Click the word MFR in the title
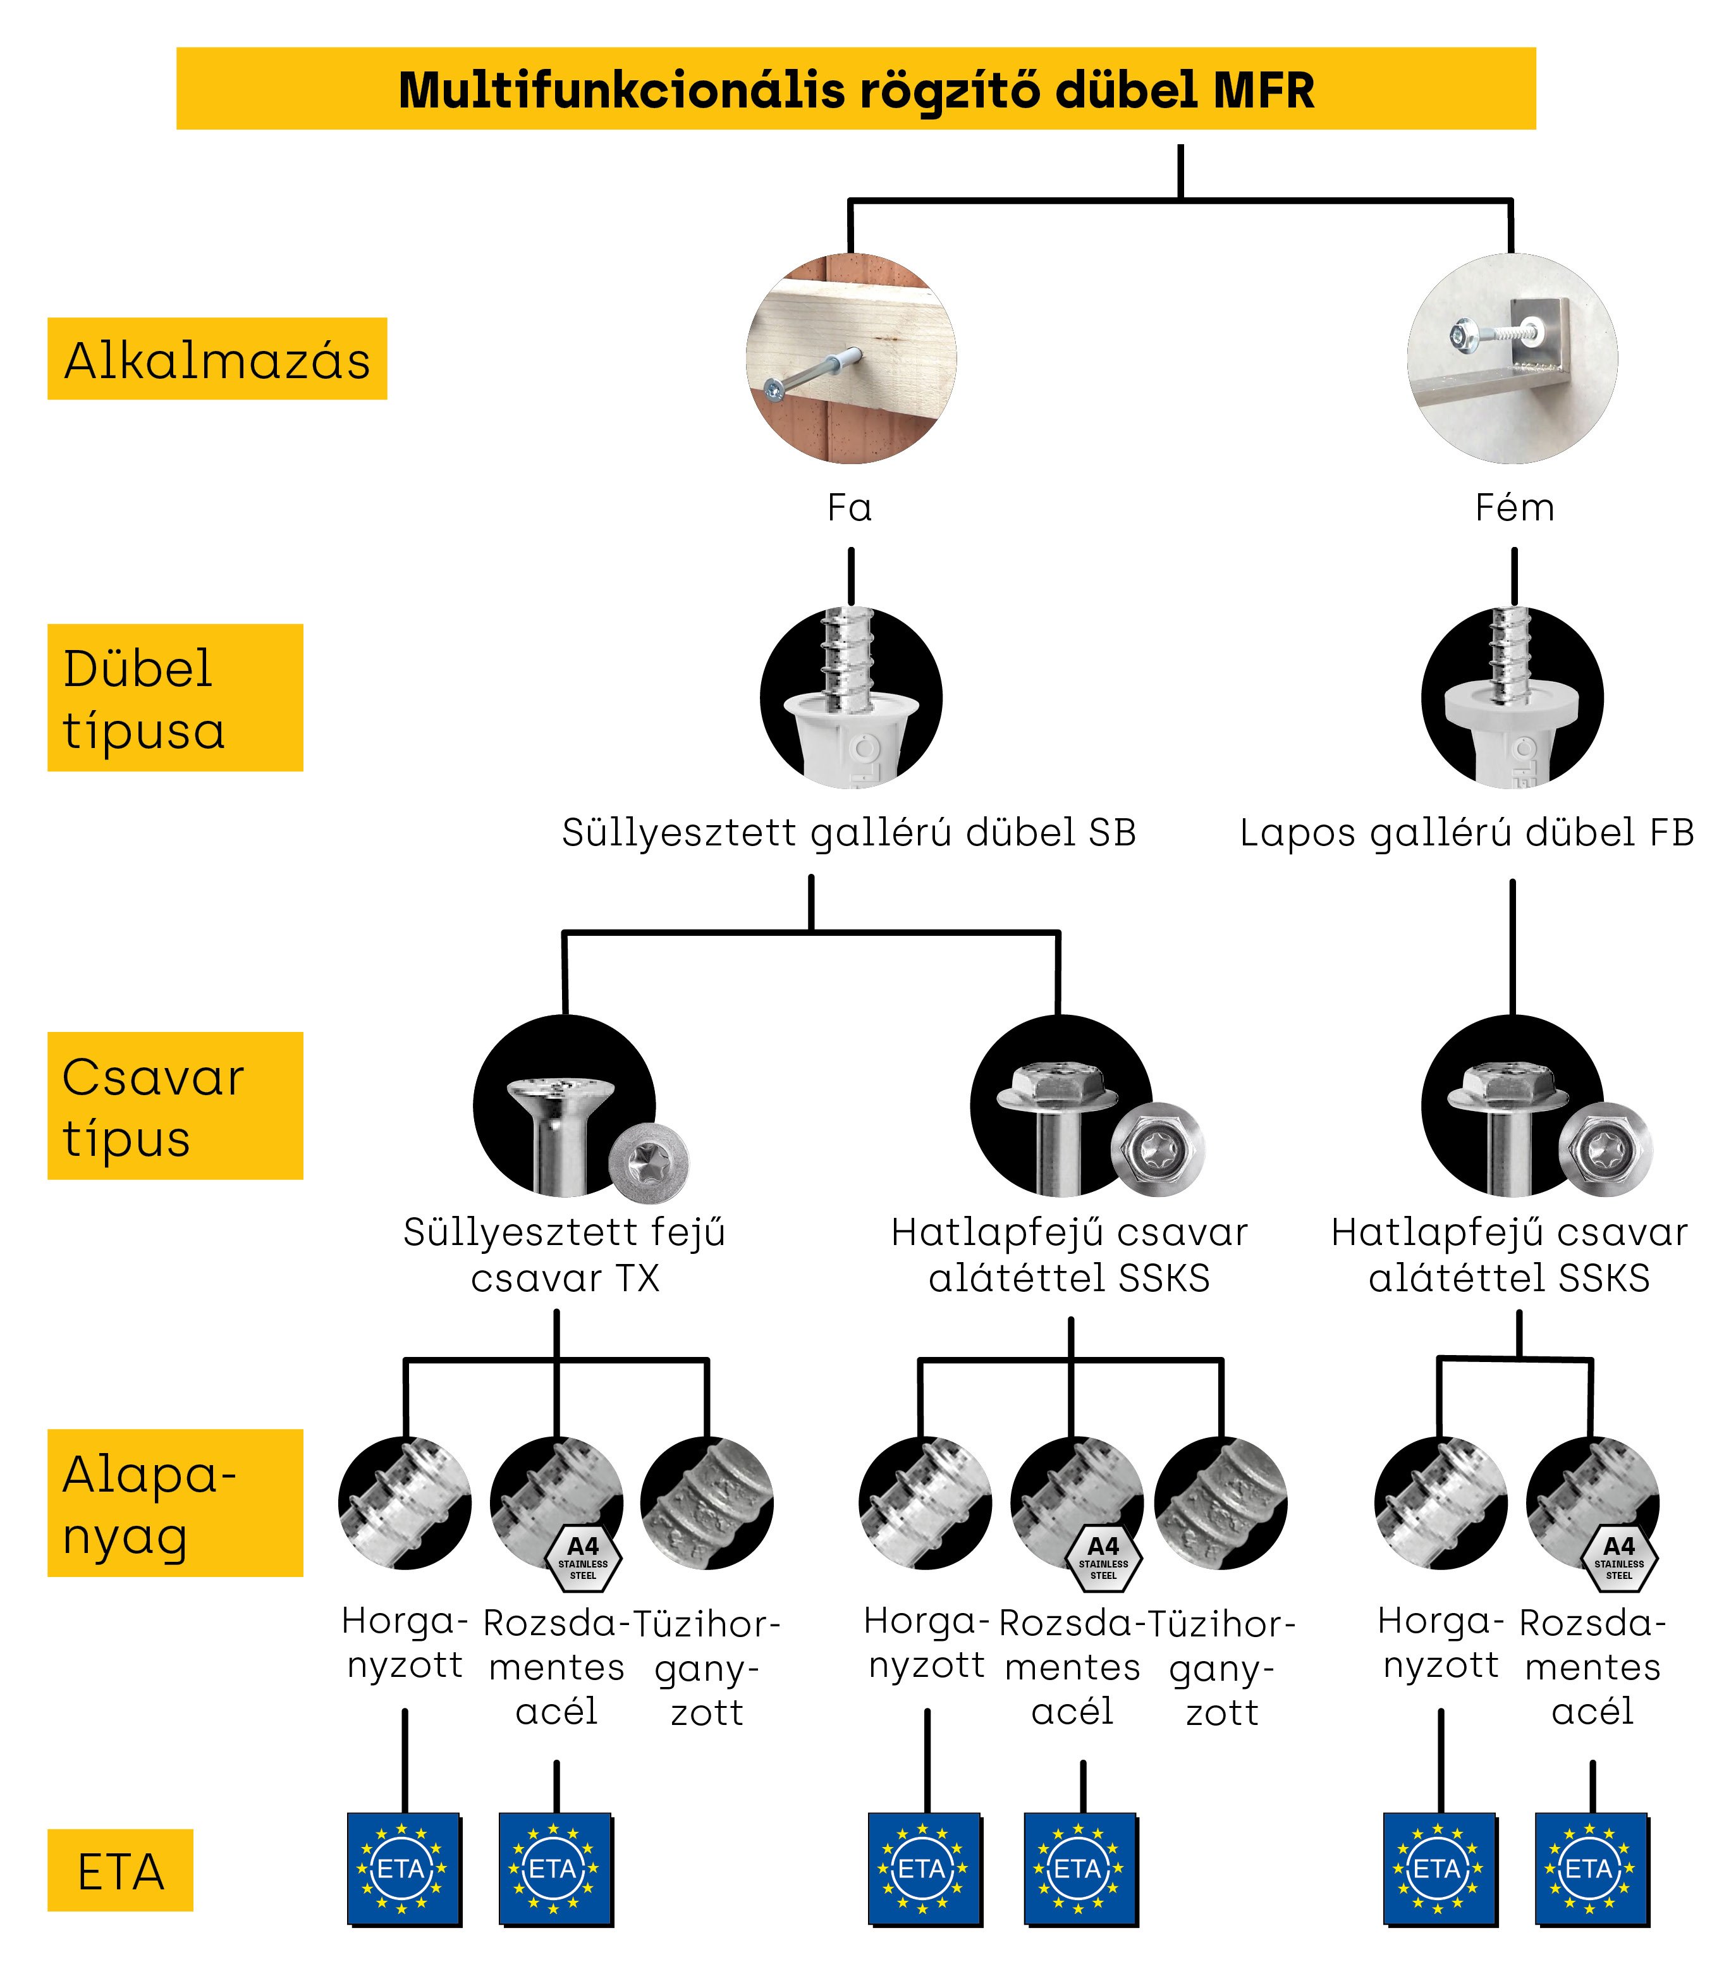point(1263,91)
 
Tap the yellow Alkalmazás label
point(217,359)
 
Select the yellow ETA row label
point(120,1870)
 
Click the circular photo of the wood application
point(850,359)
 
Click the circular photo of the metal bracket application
point(1512,359)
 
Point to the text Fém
point(1514,507)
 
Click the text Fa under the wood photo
point(849,507)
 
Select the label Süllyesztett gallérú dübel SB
point(848,832)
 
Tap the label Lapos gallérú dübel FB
point(1467,832)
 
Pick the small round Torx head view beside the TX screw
point(649,1159)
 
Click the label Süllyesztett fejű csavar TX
point(565,1255)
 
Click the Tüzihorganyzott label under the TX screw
point(707,1668)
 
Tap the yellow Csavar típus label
point(175,1105)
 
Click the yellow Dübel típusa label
point(175,697)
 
